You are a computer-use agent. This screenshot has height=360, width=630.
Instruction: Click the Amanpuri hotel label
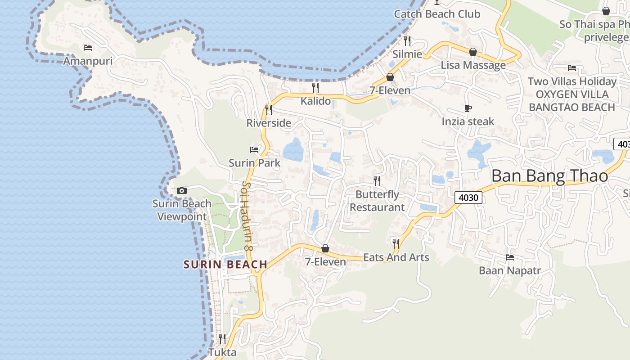point(88,61)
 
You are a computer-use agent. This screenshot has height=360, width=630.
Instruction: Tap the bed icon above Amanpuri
point(88,47)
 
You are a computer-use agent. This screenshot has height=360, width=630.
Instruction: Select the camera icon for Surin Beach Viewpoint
point(182,190)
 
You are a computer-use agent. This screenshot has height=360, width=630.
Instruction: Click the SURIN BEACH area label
point(225,265)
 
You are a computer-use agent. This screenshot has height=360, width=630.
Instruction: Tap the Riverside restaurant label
point(269,123)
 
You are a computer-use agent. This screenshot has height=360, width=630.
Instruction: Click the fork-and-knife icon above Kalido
point(315,87)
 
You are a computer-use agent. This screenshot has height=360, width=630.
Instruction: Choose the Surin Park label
point(254,163)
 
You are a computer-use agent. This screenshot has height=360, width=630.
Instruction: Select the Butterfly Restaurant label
point(377,201)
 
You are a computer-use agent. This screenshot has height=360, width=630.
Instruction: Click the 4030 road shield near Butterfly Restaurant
point(468,197)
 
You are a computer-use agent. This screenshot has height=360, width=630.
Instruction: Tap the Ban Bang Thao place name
point(549,176)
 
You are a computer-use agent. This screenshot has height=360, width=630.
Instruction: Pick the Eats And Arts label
point(396,257)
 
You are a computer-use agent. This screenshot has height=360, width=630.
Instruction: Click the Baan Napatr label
point(509,270)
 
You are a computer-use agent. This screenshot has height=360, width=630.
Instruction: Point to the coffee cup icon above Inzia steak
point(468,108)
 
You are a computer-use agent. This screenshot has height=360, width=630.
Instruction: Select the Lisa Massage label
point(473,65)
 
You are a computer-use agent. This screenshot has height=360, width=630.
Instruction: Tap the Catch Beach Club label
point(437,14)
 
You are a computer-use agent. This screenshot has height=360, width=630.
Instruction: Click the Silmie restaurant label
point(407,54)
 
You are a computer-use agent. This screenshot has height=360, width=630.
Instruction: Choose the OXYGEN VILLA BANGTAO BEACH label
point(571,101)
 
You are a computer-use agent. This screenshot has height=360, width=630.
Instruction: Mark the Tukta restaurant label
point(222,352)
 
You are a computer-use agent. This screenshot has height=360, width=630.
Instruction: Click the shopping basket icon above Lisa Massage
point(473,52)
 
